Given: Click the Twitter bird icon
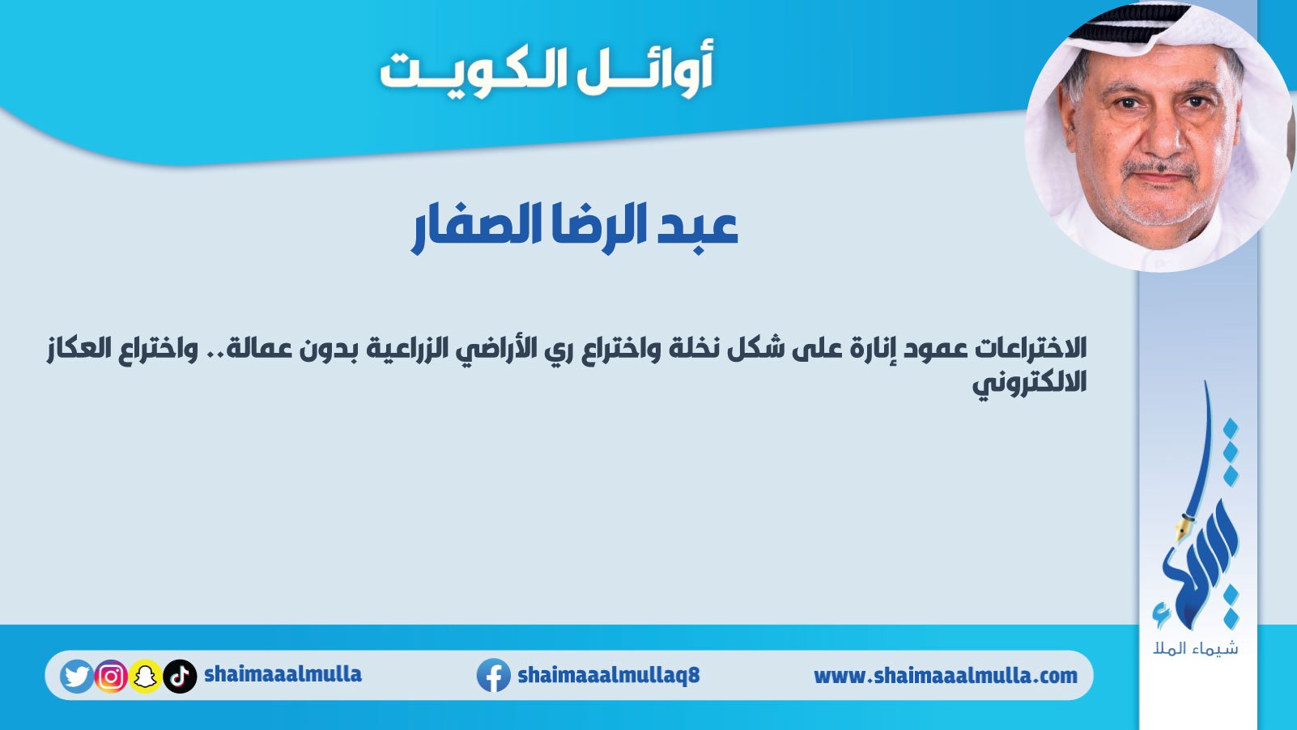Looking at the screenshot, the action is tap(76, 676).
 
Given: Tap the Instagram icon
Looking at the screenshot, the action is tap(111, 676).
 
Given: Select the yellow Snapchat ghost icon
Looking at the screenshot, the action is tap(146, 676).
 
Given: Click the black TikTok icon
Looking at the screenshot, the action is tap(180, 676).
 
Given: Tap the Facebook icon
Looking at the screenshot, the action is tap(493, 675).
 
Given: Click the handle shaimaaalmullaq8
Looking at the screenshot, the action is tap(609, 675).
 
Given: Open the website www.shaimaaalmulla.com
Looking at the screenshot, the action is tap(946, 676).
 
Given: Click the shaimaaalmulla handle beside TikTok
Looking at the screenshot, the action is tap(283, 674).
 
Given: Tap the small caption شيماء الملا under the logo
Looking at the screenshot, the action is tap(1196, 648).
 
